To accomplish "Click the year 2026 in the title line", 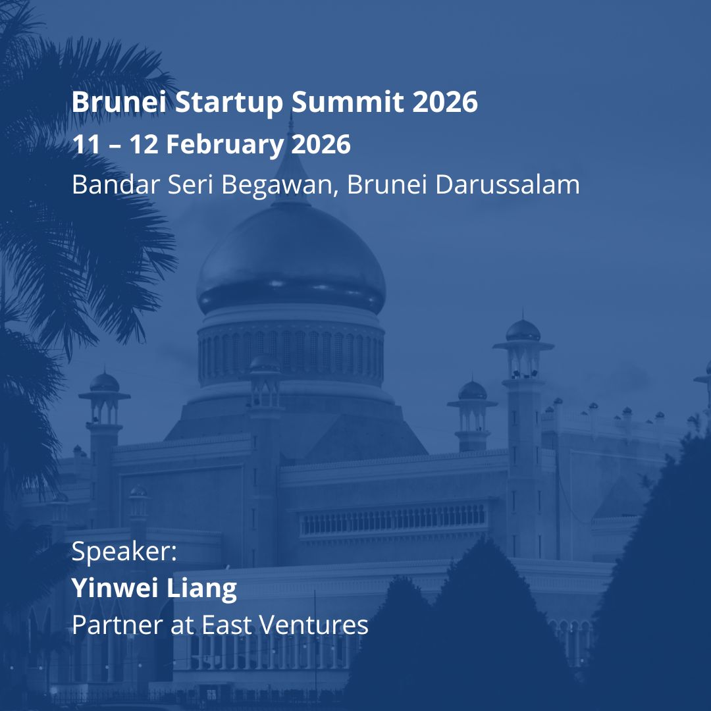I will [x=446, y=102].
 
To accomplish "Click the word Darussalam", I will [x=508, y=185].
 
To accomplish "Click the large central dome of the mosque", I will [x=290, y=260].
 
